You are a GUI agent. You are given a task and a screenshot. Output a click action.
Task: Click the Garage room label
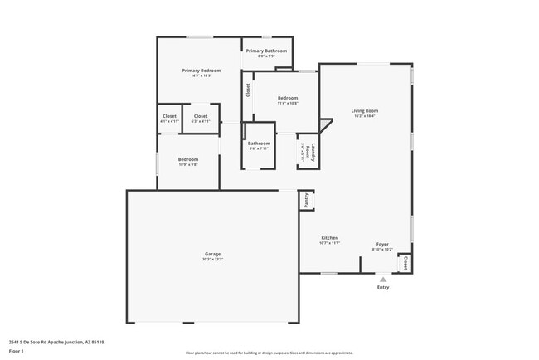[213, 253]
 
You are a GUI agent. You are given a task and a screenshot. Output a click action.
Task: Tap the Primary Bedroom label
[202, 71]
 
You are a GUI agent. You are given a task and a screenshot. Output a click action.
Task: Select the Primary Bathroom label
[265, 51]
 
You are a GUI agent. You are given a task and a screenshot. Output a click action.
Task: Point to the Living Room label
[364, 110]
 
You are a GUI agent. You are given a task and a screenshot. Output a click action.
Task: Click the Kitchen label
[329, 237]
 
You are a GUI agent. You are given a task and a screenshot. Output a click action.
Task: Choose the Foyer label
[382, 244]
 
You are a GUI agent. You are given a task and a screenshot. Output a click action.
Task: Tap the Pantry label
[307, 200]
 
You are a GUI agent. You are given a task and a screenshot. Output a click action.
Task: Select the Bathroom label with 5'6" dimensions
[259, 144]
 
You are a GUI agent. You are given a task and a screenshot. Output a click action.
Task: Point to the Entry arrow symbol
[383, 280]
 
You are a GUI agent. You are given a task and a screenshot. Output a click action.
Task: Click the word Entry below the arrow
[383, 288]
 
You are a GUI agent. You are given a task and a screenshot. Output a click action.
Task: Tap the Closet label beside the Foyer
[405, 262]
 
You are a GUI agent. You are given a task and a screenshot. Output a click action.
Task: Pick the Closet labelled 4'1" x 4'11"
[169, 116]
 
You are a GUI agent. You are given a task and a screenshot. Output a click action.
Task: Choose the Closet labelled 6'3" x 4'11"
[201, 116]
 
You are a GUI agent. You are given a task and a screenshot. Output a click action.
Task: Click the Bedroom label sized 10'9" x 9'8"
[188, 158]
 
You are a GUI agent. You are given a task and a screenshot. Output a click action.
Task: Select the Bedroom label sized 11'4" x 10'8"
[288, 98]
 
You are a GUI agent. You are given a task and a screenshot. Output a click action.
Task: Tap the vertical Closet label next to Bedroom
[247, 89]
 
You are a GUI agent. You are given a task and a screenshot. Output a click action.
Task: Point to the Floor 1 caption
[17, 352]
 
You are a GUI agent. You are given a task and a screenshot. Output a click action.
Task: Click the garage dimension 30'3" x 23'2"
[213, 260]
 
